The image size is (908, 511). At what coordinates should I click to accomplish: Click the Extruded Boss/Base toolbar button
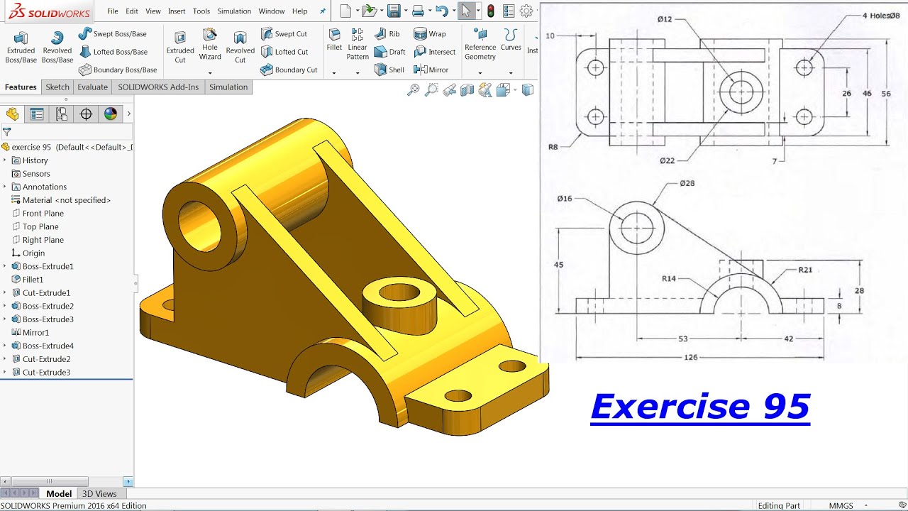tap(21, 47)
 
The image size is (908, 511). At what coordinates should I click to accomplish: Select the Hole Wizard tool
tap(210, 44)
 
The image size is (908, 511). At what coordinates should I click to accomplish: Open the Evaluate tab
tap(93, 87)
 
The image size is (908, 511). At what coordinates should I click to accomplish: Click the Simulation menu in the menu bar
tap(234, 11)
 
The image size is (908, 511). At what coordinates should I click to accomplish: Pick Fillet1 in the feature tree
tap(33, 280)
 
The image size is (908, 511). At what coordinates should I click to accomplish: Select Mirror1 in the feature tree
tap(35, 332)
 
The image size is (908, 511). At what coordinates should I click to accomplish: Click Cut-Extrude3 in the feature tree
tap(46, 373)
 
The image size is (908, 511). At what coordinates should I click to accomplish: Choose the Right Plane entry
tap(43, 240)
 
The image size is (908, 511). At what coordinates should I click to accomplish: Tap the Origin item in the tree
tap(33, 253)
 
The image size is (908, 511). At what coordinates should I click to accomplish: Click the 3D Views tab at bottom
tap(99, 494)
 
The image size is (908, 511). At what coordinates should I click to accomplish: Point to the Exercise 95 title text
tap(700, 407)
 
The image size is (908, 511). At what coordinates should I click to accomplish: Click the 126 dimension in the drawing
tap(690, 357)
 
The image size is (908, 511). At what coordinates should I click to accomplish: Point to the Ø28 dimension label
tap(687, 183)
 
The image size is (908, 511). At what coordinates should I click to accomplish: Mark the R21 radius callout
tap(805, 270)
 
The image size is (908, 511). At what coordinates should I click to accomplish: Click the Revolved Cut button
tap(240, 47)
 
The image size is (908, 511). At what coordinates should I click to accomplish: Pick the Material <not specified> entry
tap(66, 200)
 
